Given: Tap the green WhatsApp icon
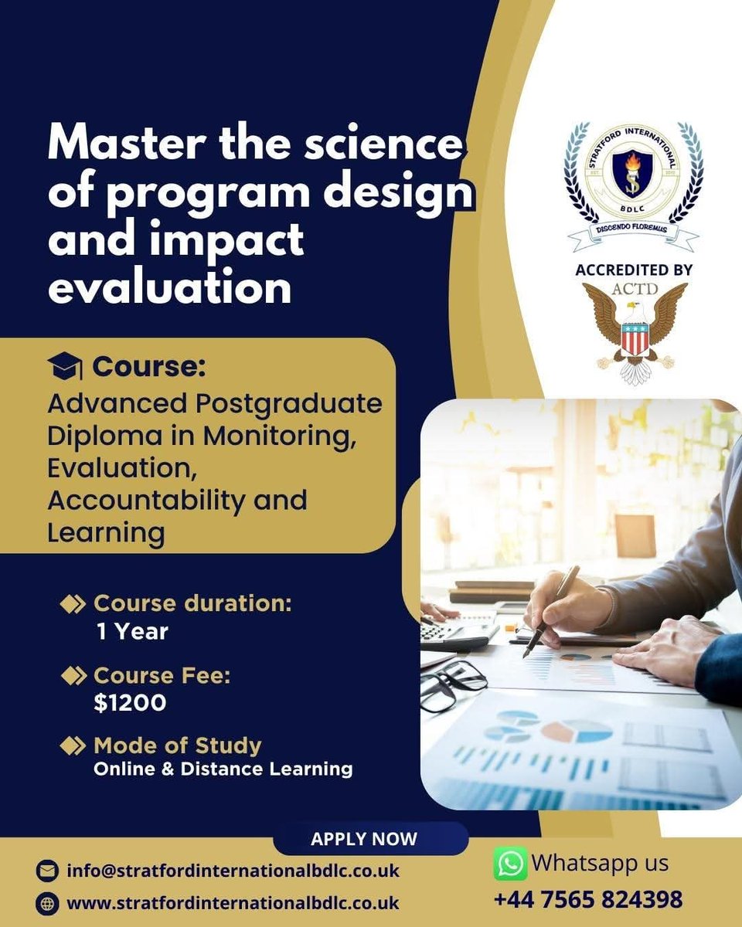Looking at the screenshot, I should coord(510,864).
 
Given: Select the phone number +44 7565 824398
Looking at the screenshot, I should coord(588,899).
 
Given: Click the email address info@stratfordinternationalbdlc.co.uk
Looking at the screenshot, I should coord(233,871).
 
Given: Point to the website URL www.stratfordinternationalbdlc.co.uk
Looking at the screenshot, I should coord(233,902).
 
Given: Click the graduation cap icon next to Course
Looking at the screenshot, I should coord(64,366).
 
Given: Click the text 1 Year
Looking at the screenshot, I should coord(132,631).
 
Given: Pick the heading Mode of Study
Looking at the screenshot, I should coord(177,745).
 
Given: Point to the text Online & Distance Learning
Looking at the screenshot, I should coord(223,769).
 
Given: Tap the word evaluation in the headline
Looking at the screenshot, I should coord(170,287).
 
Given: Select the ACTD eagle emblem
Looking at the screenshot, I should coord(634,332).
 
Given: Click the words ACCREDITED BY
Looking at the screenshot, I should coord(634,270).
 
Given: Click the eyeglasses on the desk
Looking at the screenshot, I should coord(452,684).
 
